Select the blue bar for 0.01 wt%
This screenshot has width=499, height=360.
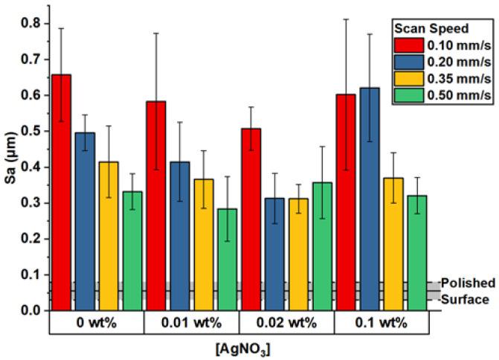(179, 235)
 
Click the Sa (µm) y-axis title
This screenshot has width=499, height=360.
(11, 167)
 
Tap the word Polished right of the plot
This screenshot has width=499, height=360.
(468, 283)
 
